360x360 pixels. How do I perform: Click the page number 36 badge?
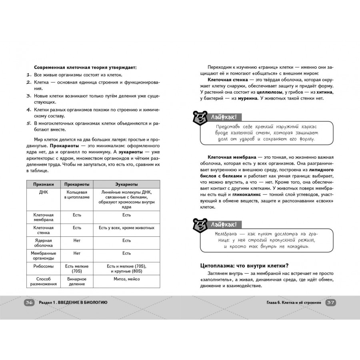(28, 302)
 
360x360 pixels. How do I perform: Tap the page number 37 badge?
(330, 302)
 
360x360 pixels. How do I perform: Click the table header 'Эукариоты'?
(126, 184)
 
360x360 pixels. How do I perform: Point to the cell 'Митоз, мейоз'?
(126, 279)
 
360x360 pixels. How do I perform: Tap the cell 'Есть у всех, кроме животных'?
(126, 228)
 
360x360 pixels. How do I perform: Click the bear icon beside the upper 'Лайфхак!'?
(199, 117)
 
